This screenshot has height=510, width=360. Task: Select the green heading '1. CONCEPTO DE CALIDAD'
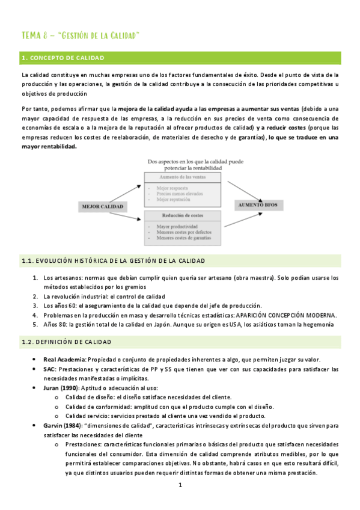click(63, 58)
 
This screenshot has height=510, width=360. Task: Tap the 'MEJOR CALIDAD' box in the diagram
click(102, 206)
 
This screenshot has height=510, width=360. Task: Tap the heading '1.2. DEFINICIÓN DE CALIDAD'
click(66, 342)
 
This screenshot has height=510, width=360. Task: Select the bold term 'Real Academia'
click(64, 360)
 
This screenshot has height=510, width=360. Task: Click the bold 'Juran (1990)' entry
click(62, 389)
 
